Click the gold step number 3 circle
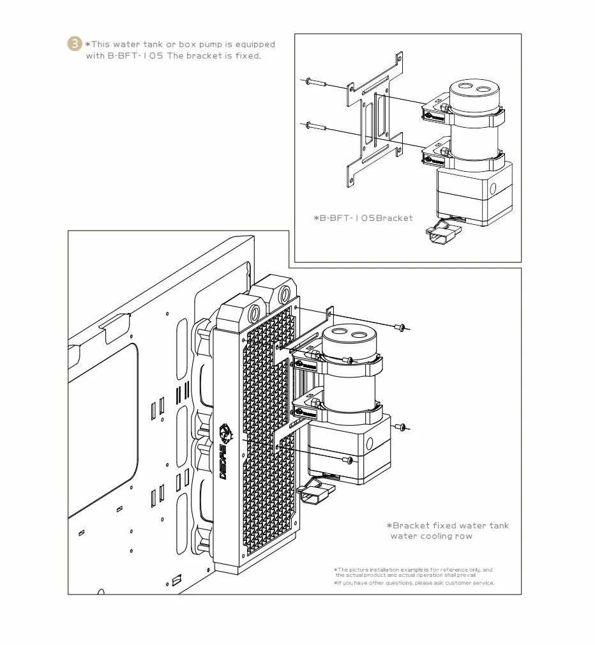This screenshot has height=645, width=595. pyautogui.click(x=75, y=43)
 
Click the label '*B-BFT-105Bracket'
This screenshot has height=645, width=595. pyautogui.click(x=363, y=218)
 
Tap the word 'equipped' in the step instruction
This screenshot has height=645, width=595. pyautogui.click(x=255, y=45)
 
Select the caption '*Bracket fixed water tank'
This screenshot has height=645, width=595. pyautogui.click(x=448, y=526)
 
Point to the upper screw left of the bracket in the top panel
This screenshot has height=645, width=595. pyautogui.click(x=316, y=82)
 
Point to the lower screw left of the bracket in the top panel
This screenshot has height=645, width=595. pyautogui.click(x=316, y=126)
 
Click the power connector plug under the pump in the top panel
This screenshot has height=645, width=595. pyautogui.click(x=441, y=235)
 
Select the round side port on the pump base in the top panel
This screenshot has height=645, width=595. pyautogui.click(x=493, y=188)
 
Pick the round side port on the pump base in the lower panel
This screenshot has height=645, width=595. pyautogui.click(x=369, y=443)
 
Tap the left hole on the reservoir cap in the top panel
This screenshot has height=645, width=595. pyautogui.click(x=465, y=87)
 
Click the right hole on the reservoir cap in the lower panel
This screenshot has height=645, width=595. pyautogui.click(x=359, y=335)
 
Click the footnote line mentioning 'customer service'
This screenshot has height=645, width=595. pyautogui.click(x=414, y=583)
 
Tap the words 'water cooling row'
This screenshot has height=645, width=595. pyautogui.click(x=432, y=536)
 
